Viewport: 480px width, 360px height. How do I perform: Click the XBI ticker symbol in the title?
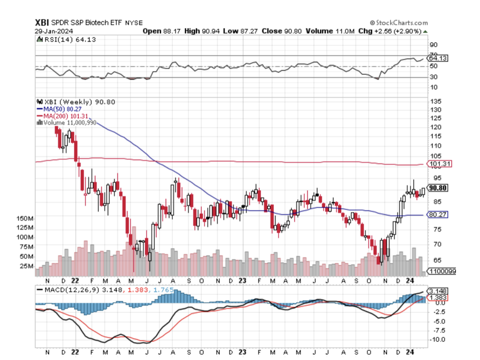pyautogui.click(x=43, y=23)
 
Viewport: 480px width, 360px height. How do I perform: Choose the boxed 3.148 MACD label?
pyautogui.click(x=438, y=291)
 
